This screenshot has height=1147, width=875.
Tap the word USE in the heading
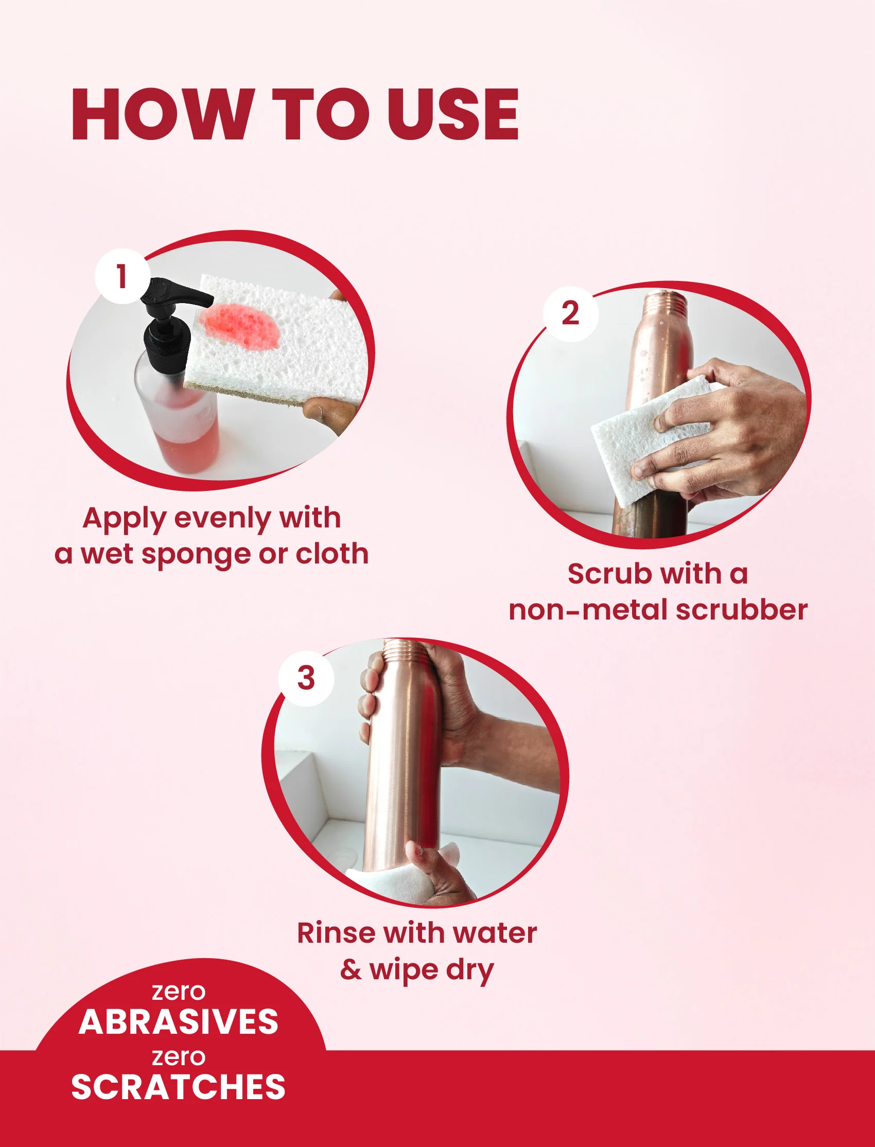(x=453, y=115)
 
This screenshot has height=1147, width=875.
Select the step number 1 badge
(x=122, y=276)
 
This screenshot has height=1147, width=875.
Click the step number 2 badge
(x=570, y=313)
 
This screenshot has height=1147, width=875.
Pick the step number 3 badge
(x=306, y=678)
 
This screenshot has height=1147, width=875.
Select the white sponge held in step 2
(x=651, y=440)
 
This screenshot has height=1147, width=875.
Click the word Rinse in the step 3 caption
(x=337, y=933)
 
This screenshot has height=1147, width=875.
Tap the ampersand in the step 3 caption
(x=351, y=970)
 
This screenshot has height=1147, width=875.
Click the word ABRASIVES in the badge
(x=179, y=1021)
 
